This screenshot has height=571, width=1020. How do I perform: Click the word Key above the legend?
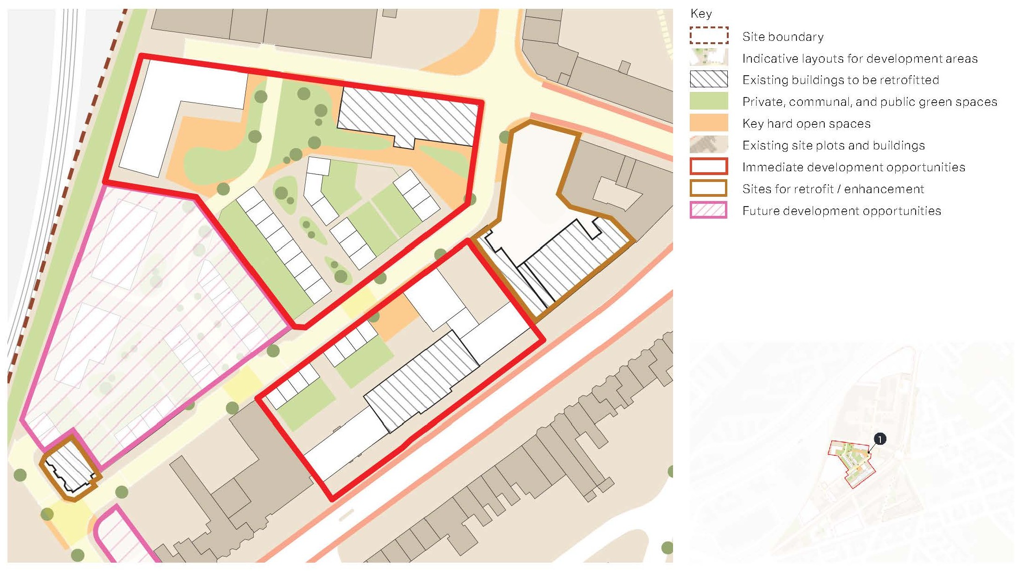pos(701,13)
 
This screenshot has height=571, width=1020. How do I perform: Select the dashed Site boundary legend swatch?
pos(708,36)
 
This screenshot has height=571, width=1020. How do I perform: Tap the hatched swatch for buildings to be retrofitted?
pos(708,79)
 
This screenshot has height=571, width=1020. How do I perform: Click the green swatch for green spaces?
pos(708,101)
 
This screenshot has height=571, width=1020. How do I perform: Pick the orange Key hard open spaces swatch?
pos(708,123)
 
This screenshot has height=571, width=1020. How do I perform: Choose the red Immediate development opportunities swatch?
pos(708,167)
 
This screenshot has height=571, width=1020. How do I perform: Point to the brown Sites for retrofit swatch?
pos(708,188)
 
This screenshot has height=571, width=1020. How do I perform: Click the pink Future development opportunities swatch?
pos(708,210)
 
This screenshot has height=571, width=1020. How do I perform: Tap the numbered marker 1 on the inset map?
pos(879,439)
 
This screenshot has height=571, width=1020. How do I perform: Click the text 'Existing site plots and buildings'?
pos(834,145)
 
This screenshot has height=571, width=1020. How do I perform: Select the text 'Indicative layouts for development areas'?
pos(860,58)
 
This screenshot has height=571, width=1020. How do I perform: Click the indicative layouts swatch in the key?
pos(708,58)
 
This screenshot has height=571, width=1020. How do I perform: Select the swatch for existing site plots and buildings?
pos(708,145)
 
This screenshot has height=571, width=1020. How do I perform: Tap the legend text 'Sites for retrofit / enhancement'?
pos(833,189)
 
